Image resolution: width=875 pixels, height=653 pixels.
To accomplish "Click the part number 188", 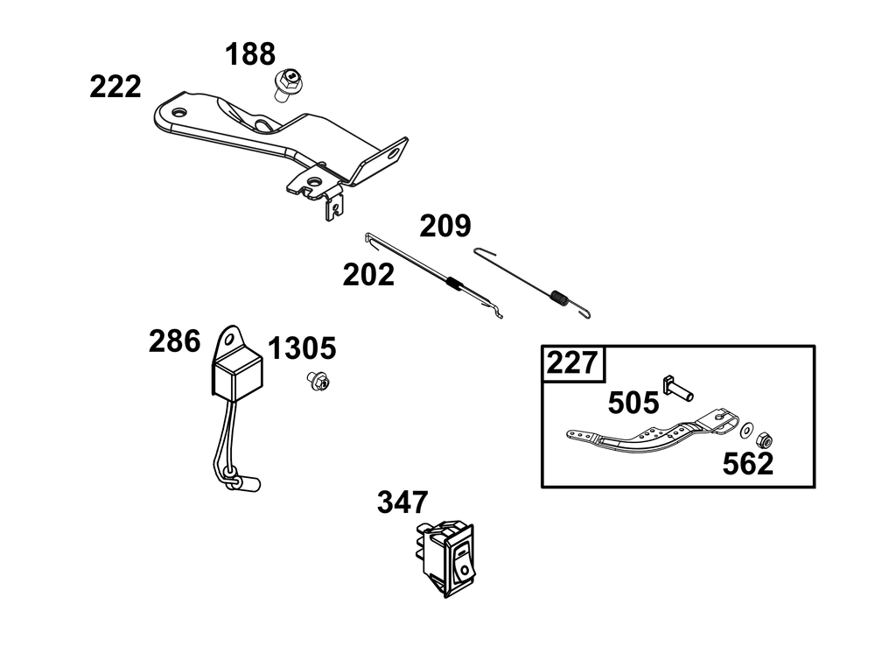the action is pos(250,54).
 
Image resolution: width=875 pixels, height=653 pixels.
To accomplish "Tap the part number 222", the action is pos(115,87).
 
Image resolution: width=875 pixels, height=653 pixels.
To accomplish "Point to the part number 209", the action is pos(445,226).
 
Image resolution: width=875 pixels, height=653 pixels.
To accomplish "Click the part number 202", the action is pos(368,275).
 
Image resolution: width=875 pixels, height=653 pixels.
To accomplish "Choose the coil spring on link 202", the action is pos(456,284).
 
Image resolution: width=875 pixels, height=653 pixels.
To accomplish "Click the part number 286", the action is pos(174,341).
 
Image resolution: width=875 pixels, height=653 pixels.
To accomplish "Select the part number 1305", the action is pos(302,349).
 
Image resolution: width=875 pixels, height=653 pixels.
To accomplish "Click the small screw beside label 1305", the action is pos(318,381).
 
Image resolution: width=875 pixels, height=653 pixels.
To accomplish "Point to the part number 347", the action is pos(402,502).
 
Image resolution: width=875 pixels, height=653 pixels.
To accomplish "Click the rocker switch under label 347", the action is pos(447,558).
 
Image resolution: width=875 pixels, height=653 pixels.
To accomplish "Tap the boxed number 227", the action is pos(572,363).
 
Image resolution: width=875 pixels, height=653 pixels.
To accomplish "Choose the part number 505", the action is pos(633,403).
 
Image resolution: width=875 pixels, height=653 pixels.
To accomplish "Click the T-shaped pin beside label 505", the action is pos(678,389).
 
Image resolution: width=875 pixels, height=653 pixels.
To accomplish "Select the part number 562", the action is pos(748,464).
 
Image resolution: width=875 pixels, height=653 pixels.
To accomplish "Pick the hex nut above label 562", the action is pos(764,440).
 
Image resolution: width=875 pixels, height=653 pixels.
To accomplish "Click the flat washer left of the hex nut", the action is pos(746,431).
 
